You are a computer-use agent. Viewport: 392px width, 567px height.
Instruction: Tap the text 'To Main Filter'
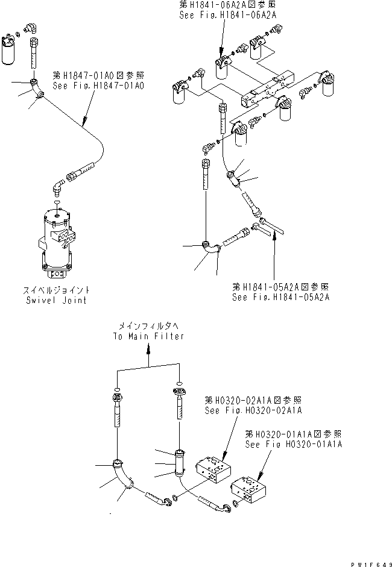coord(148,336)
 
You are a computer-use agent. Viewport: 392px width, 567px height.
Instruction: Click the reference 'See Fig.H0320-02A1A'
coord(253,410)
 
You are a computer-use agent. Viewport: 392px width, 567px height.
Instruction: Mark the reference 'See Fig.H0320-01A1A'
coord(293,443)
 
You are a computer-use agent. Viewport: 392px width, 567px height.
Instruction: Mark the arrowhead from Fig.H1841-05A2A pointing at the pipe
coord(275,237)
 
